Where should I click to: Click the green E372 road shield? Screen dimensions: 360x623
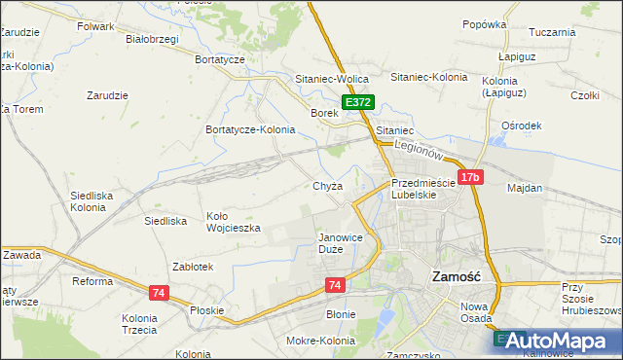[357, 102]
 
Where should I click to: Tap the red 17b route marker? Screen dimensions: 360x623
[470, 177]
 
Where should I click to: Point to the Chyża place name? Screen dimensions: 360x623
[327, 186]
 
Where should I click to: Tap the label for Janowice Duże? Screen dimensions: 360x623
[340, 243]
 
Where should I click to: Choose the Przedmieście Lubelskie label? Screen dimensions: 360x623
[422, 188]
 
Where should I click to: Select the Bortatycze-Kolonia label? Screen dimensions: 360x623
[249, 129]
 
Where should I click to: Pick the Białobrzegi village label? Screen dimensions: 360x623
[153, 40]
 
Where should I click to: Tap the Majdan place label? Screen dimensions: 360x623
[525, 187]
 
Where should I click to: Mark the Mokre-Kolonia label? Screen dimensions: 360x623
[320, 341]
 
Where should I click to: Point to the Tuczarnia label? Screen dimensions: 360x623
[552, 32]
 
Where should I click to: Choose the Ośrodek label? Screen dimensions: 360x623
[521, 126]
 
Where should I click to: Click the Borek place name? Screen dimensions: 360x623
[323, 113]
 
